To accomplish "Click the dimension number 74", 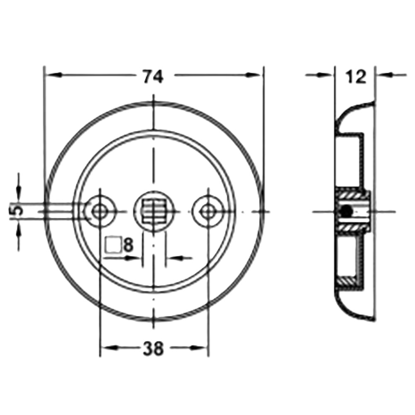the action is (153, 76).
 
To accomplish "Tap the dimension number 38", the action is (153, 348).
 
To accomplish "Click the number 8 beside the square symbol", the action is (128, 245).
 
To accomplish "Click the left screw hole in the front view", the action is (99, 211).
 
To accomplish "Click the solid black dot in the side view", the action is (347, 211).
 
